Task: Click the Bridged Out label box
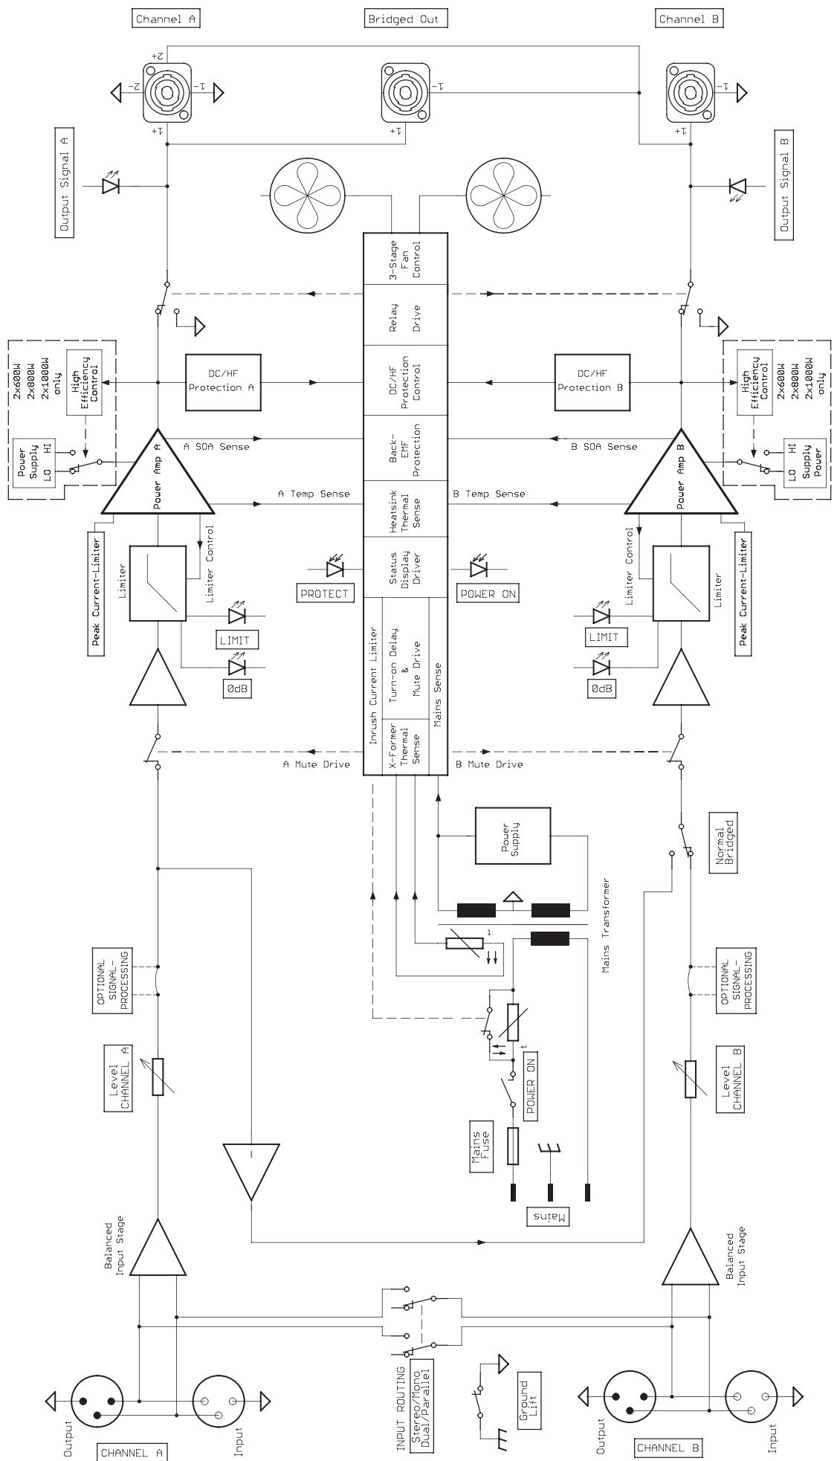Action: coord(406,19)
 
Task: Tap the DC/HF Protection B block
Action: coord(592,382)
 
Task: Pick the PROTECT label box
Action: coord(324,593)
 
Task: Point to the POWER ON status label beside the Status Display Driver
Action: coord(488,593)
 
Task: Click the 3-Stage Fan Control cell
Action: coord(405,258)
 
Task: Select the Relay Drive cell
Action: coord(405,315)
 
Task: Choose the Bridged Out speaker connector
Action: coord(406,92)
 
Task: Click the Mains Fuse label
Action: coord(481,1146)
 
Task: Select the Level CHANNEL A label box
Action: coord(120,1077)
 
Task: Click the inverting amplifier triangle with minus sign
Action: coord(251,1168)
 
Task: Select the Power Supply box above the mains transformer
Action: coord(513,835)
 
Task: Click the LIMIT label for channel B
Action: coord(604,637)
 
